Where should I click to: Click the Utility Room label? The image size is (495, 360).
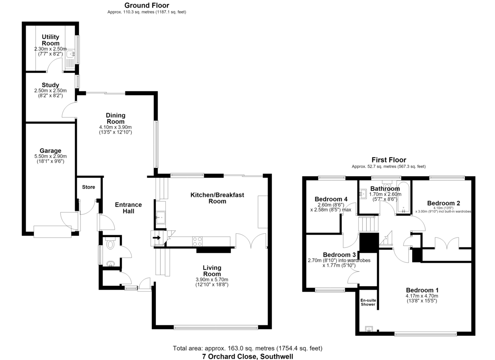click(x=50, y=40)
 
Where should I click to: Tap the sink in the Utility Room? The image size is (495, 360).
click(x=71, y=54)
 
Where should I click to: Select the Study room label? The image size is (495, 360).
click(x=50, y=85)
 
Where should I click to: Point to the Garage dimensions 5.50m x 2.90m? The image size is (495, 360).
click(x=50, y=156)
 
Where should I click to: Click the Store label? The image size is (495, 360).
click(x=89, y=187)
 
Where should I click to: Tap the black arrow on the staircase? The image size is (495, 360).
click(x=157, y=238)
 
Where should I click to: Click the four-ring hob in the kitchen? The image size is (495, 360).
click(x=197, y=241)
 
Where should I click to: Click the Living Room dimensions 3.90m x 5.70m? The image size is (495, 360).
click(x=212, y=280)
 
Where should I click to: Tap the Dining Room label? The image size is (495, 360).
click(x=115, y=118)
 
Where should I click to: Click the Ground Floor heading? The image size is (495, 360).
click(x=147, y=5)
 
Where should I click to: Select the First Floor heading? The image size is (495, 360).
click(x=389, y=160)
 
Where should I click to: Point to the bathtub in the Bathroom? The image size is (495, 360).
click(x=403, y=197)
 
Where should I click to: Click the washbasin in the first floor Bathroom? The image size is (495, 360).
click(x=363, y=194)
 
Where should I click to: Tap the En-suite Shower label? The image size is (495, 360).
click(x=368, y=302)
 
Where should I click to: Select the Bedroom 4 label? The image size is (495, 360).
click(x=331, y=199)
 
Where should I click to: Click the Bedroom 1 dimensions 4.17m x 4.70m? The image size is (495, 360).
click(x=422, y=296)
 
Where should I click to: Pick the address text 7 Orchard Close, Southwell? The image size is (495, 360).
click(x=248, y=356)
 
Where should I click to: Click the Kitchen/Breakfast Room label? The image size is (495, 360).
click(x=217, y=198)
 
